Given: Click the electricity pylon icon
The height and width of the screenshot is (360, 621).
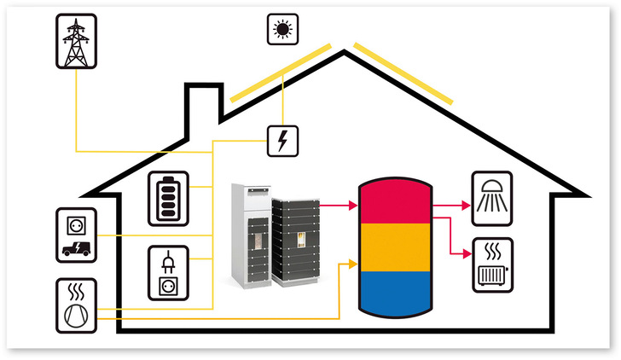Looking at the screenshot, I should tap(77, 39).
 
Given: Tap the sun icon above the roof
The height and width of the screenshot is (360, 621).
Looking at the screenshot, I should tap(281, 30).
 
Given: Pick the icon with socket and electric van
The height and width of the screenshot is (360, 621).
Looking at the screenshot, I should tap(77, 235).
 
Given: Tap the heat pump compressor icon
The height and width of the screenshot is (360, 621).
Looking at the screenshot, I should tap(77, 304).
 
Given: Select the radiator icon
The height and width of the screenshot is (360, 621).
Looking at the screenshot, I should tap(491, 264).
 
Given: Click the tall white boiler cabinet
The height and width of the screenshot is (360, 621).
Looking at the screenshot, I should tap(250, 234).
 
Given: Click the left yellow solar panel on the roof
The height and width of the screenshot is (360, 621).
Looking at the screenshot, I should tap(279, 73).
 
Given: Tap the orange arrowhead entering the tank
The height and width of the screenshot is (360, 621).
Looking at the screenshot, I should tap(351, 266).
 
